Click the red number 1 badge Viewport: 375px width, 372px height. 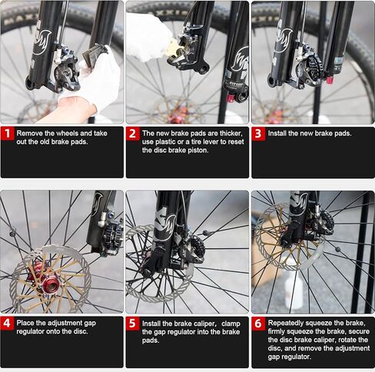(x=7, y=134)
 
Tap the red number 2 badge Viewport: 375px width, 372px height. (x=133, y=134)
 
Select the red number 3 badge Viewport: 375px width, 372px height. (x=258, y=134)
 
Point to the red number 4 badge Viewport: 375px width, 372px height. (x=7, y=323)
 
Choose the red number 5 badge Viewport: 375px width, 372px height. (x=133, y=324)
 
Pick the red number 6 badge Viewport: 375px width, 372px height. (x=258, y=324)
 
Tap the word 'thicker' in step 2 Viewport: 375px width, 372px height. (x=229, y=134)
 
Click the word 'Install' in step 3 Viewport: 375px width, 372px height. (x=277, y=134)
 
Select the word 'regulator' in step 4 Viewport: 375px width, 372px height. (x=31, y=331)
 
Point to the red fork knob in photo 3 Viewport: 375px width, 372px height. (x=330, y=81)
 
